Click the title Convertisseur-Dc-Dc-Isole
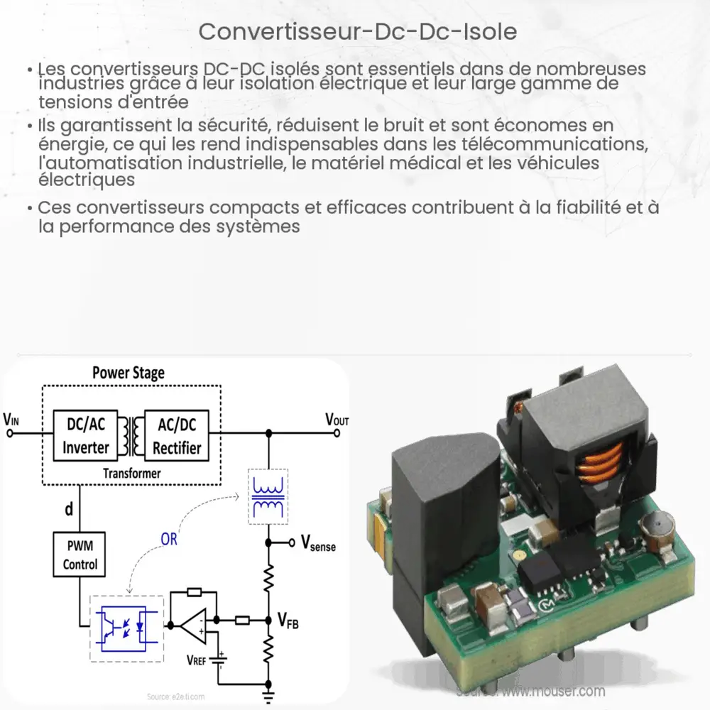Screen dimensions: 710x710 click(x=354, y=32)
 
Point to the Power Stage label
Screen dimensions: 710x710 click(x=129, y=373)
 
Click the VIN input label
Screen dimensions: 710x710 click(x=12, y=419)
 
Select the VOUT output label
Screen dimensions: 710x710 click(x=337, y=420)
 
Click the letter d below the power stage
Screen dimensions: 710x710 click(x=69, y=509)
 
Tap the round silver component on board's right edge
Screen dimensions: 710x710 click(x=653, y=531)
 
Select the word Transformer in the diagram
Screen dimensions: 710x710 click(x=131, y=473)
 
